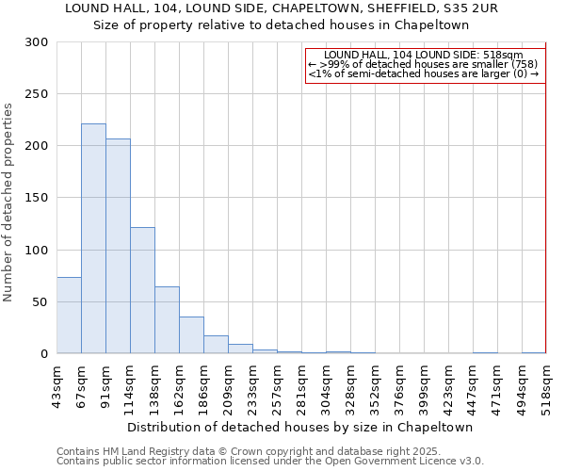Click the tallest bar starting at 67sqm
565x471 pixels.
(93, 238)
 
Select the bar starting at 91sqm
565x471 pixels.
(118, 246)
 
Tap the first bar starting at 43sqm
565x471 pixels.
(69, 315)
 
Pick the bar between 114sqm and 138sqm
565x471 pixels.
(142, 290)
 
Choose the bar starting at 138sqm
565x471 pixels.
(167, 320)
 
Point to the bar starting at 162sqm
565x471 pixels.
(191, 335)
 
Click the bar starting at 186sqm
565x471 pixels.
(216, 345)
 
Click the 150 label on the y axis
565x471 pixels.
(38, 198)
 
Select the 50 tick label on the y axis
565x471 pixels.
(41, 302)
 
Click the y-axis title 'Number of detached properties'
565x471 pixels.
(8, 203)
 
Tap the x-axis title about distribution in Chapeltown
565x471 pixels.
(300, 427)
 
